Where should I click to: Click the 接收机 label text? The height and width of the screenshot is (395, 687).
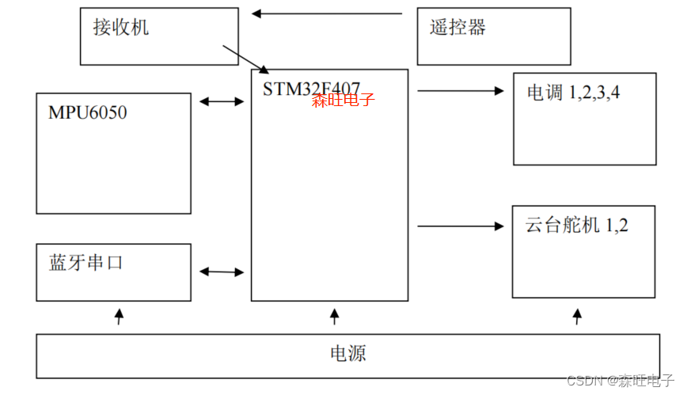[x=121, y=28]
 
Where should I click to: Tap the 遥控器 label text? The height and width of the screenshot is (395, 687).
[x=457, y=28]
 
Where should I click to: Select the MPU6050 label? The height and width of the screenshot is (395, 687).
[x=87, y=112]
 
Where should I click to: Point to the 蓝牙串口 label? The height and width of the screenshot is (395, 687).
[x=86, y=263]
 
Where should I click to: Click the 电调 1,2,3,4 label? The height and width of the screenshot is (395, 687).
[x=574, y=93]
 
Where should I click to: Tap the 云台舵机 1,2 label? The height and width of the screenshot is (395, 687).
[x=576, y=226]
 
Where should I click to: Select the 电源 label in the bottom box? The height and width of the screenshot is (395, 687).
[x=347, y=353]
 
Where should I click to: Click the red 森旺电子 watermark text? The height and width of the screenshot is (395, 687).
[x=343, y=101]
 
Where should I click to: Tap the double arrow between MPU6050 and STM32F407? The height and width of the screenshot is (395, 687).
[x=222, y=101]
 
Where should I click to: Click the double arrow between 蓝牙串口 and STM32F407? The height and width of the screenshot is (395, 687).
[x=222, y=272]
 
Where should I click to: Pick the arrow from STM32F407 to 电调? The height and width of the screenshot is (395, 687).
[x=460, y=90]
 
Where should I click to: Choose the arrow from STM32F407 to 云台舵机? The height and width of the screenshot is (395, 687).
[x=460, y=226]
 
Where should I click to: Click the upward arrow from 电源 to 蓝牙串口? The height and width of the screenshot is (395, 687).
[x=120, y=317]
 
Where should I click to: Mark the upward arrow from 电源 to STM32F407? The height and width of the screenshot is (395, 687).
[x=334, y=317]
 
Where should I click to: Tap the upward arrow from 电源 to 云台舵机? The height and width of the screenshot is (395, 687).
[x=577, y=317]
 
